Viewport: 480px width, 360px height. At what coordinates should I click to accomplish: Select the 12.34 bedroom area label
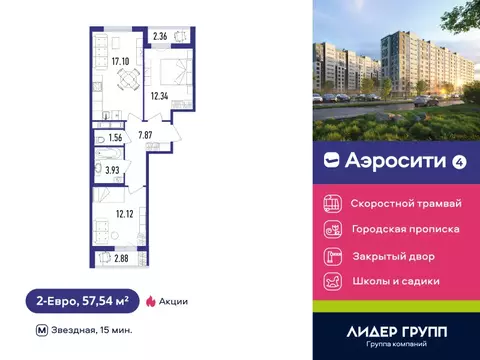click(160, 97)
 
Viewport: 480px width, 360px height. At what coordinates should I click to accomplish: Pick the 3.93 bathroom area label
click(113, 171)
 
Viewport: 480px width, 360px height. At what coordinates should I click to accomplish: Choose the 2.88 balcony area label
click(122, 259)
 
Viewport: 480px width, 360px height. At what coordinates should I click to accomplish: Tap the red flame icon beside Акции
click(151, 300)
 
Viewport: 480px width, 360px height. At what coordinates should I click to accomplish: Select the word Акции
click(173, 300)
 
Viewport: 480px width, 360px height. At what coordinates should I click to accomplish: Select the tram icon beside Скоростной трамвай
click(329, 202)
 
